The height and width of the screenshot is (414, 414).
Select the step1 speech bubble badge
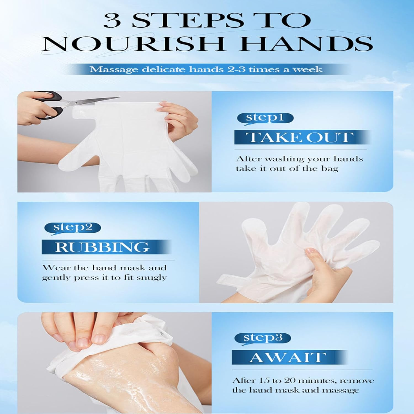pyautogui.click(x=265, y=118)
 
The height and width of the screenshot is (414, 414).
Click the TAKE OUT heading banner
pyautogui.click(x=300, y=137)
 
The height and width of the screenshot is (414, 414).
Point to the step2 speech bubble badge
pyautogui.click(x=73, y=228)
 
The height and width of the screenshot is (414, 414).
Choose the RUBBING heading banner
pyautogui.click(x=102, y=247)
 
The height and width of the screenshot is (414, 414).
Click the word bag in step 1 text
pyautogui.click(x=330, y=169)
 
